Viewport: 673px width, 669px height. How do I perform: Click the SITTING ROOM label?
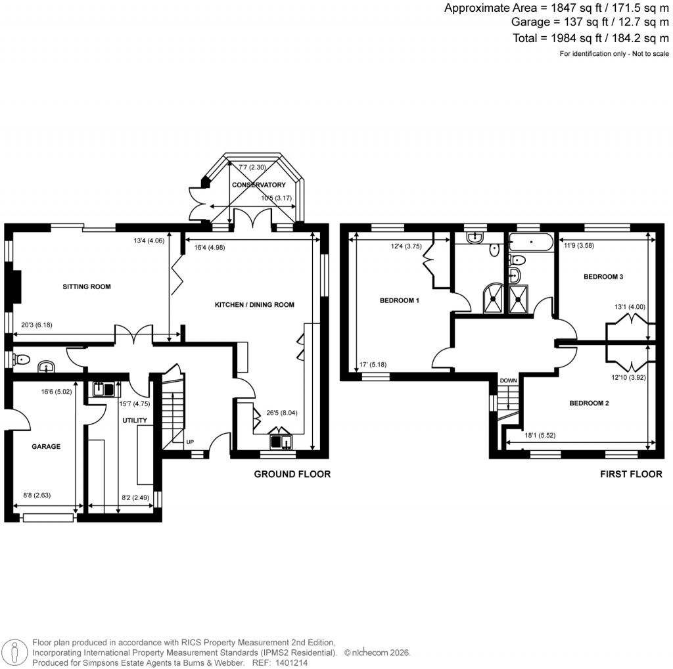[x=86, y=287]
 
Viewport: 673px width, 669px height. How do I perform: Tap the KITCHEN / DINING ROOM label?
[x=254, y=305]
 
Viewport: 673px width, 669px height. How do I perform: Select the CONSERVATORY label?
[x=258, y=185]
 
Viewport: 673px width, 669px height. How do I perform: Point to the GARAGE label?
[x=46, y=446]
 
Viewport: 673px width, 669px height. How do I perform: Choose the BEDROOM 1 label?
[x=399, y=300]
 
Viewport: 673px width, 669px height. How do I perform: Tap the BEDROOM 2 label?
[x=588, y=403]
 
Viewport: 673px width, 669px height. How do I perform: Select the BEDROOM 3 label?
[x=603, y=277]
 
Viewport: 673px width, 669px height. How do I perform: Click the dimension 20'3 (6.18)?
[x=37, y=325]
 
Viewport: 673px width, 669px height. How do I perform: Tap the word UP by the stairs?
[x=189, y=442]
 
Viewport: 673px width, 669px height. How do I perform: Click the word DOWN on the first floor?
[x=509, y=381]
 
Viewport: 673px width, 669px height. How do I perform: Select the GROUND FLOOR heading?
[x=292, y=474]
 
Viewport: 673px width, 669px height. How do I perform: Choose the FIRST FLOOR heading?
[x=631, y=474]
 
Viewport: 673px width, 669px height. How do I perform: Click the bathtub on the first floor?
[x=532, y=244]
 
